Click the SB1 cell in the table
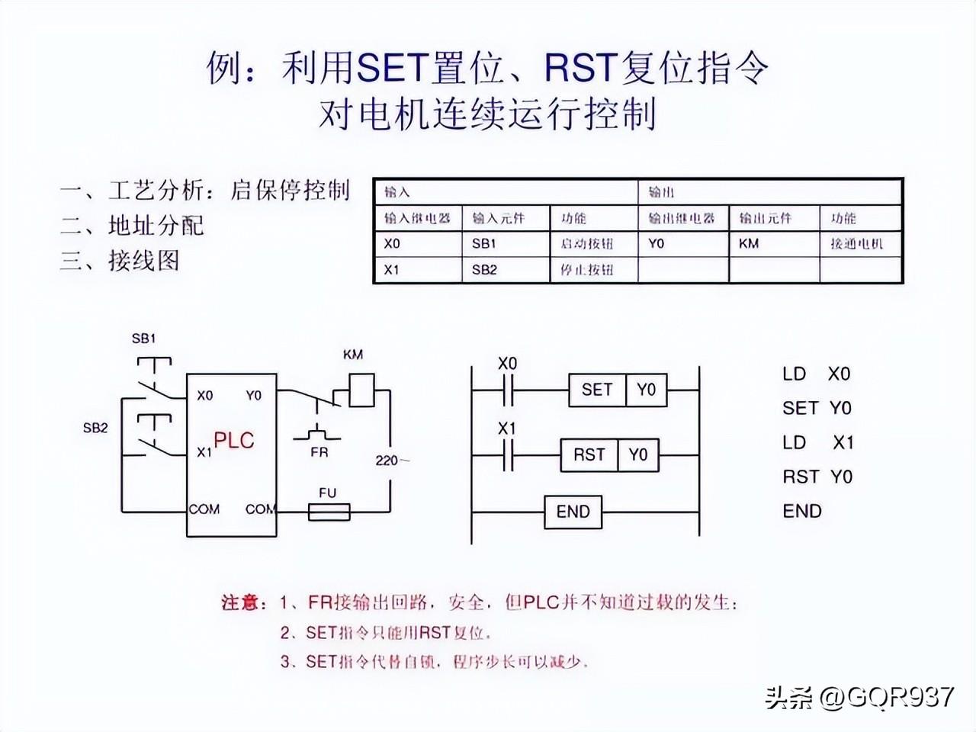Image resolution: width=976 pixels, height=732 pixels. [x=483, y=244]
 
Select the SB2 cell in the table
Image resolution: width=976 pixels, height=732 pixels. [x=483, y=270]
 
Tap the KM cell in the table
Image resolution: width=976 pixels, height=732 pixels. [x=749, y=244]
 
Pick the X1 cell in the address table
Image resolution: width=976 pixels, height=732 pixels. [x=392, y=270]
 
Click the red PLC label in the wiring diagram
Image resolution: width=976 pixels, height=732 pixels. [x=233, y=440]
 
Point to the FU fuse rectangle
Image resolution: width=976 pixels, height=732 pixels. [x=329, y=512]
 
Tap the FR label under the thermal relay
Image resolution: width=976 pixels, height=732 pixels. [x=319, y=452]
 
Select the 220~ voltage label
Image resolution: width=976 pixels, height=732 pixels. [x=392, y=460]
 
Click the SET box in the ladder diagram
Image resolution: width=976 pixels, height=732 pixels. [x=597, y=390]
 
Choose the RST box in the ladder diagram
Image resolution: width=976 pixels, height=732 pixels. [x=589, y=455]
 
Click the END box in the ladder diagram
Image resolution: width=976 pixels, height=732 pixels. [x=573, y=512]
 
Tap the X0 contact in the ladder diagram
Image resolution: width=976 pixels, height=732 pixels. [x=508, y=390]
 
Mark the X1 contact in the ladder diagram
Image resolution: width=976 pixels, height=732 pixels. [x=508, y=455]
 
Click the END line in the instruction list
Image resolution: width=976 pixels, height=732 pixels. [x=802, y=511]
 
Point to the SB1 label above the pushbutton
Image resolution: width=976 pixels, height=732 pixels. [x=143, y=339]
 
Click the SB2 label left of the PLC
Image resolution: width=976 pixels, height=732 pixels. [x=95, y=428]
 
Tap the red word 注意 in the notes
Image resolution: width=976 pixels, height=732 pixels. [x=241, y=602]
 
